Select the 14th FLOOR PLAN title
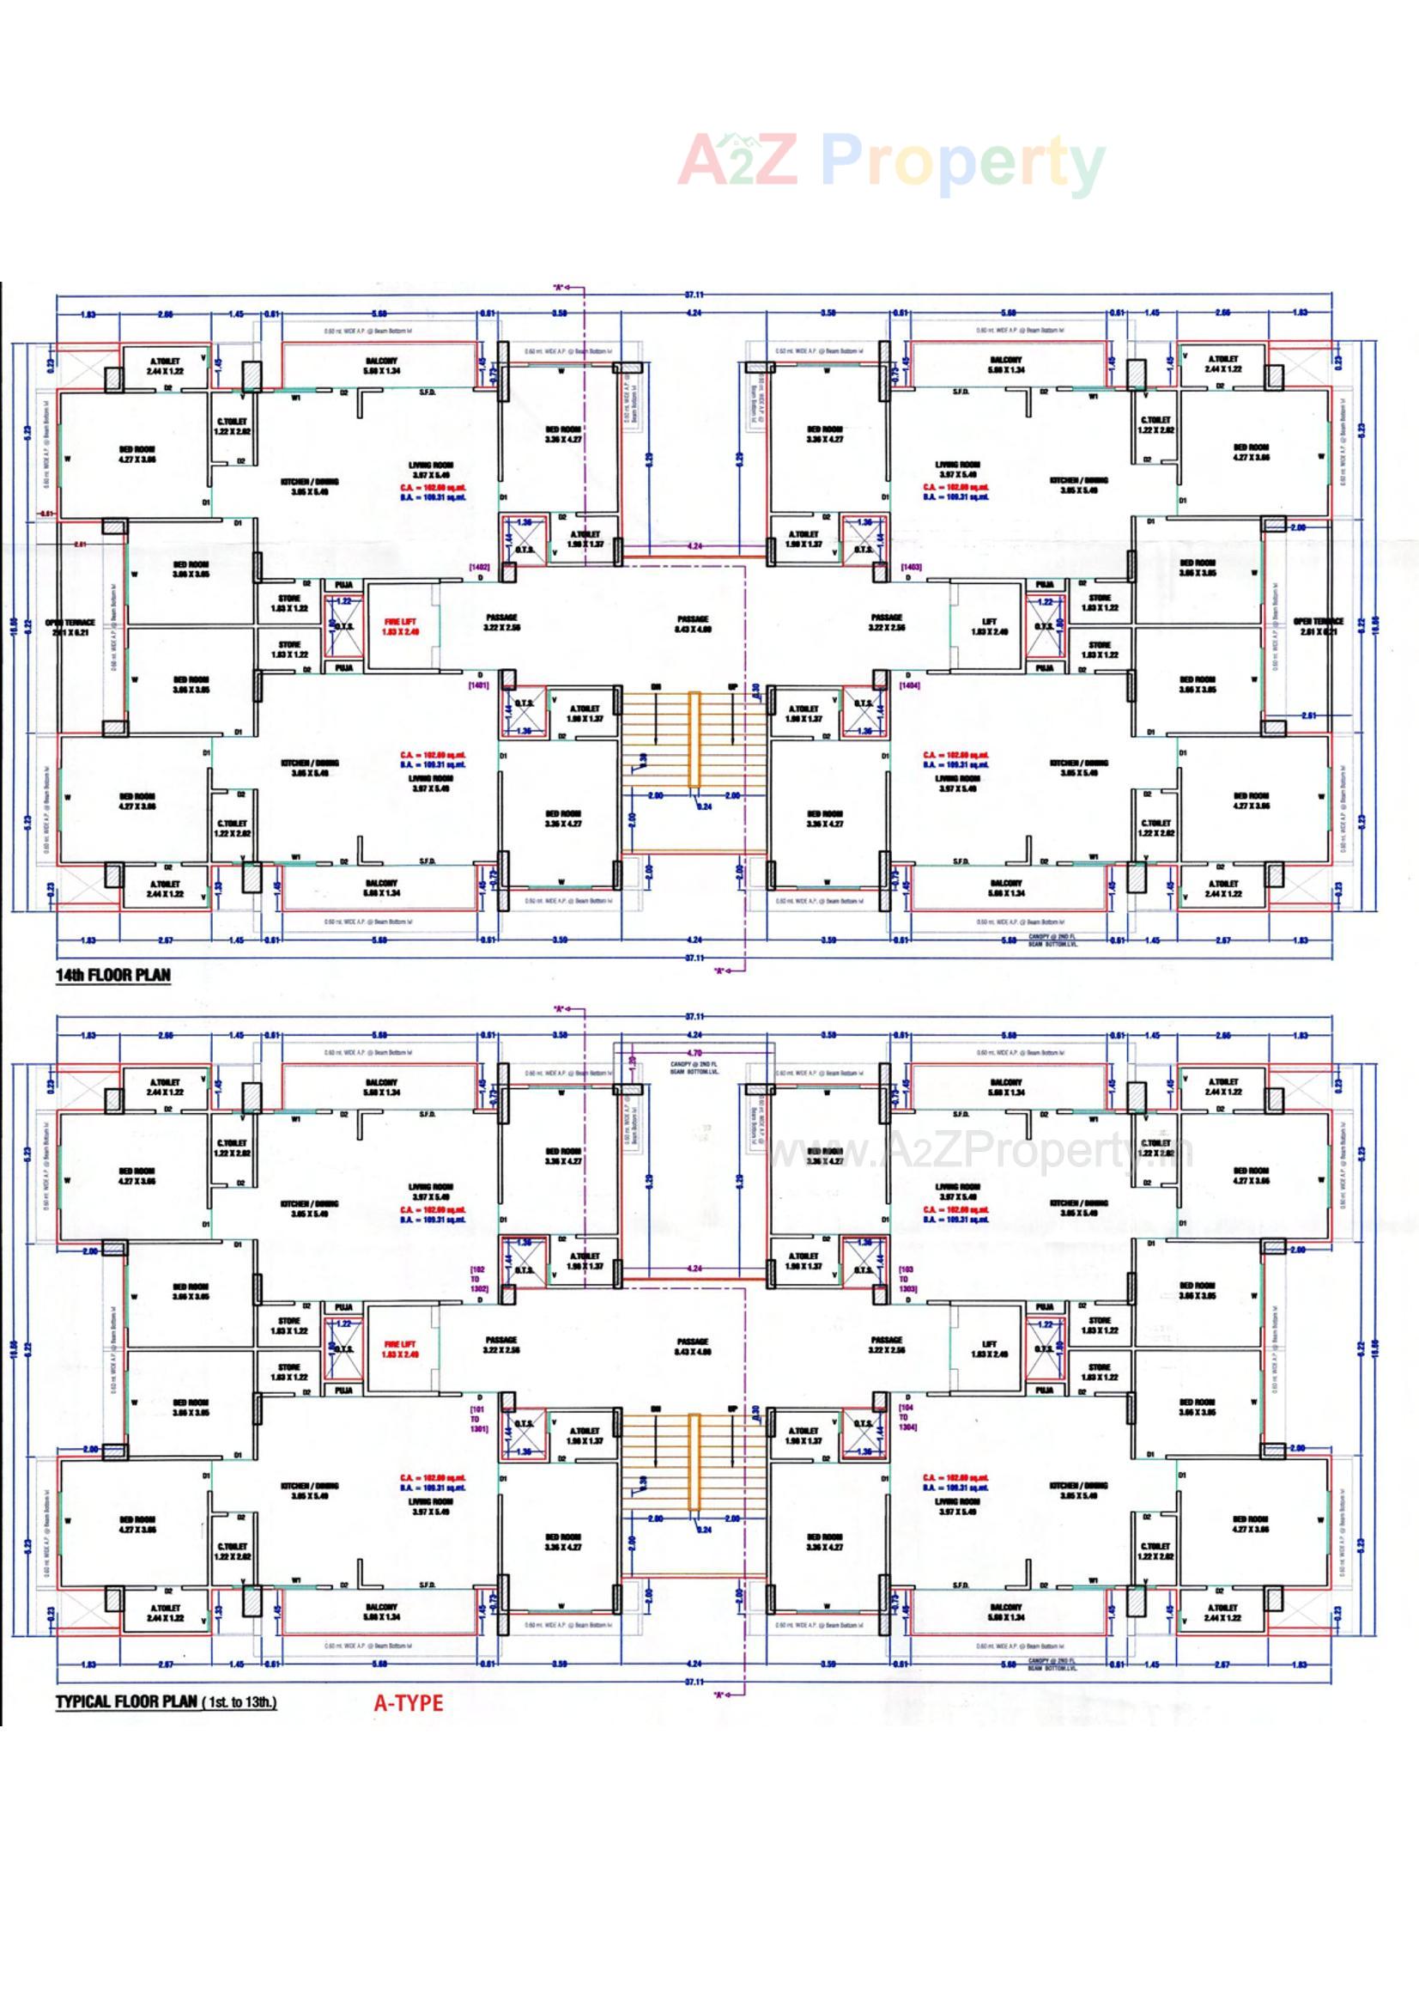click(113, 975)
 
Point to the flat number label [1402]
click(479, 568)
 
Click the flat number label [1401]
click(479, 685)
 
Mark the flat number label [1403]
click(910, 568)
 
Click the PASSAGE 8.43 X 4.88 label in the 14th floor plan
click(693, 624)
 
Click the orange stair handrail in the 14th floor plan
click(694, 738)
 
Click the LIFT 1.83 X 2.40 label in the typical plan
click(989, 1348)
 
